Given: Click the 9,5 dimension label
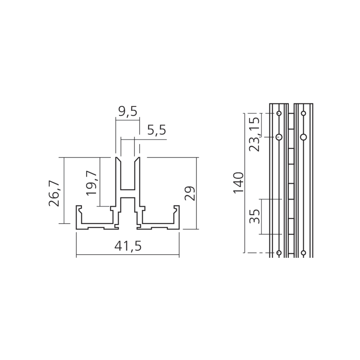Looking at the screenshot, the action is tap(128, 112).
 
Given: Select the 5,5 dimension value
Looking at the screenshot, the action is tap(157, 130).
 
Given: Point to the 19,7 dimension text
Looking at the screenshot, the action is tap(91, 183).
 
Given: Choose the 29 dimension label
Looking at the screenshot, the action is tap(190, 193).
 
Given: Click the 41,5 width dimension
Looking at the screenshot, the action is tap(128, 246).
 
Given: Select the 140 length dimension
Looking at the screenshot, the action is tap(238, 183).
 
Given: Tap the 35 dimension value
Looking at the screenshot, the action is tap(255, 216).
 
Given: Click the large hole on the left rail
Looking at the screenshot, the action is tap(279, 137).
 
